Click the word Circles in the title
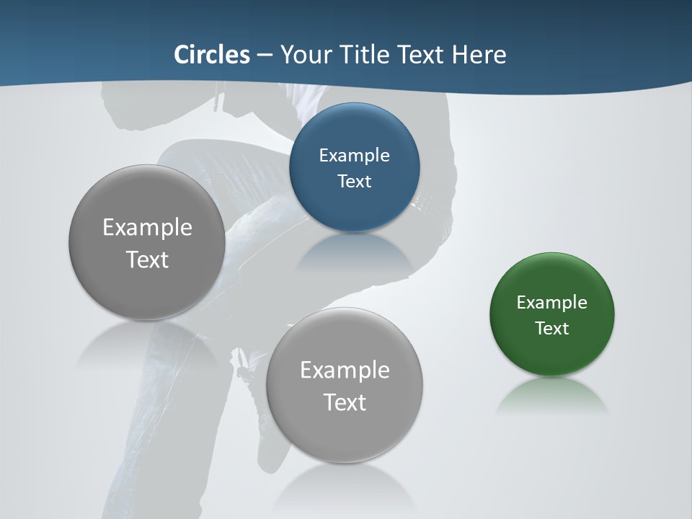click(x=211, y=55)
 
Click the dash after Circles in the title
click(x=265, y=56)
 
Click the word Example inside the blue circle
click(x=354, y=156)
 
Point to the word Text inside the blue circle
click(x=354, y=181)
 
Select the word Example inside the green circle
click(x=552, y=303)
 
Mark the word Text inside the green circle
click(x=552, y=329)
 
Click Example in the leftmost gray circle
click(x=147, y=228)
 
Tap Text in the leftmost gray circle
click(x=147, y=259)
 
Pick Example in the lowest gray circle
click(x=345, y=371)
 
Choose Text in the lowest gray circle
click(x=345, y=402)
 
